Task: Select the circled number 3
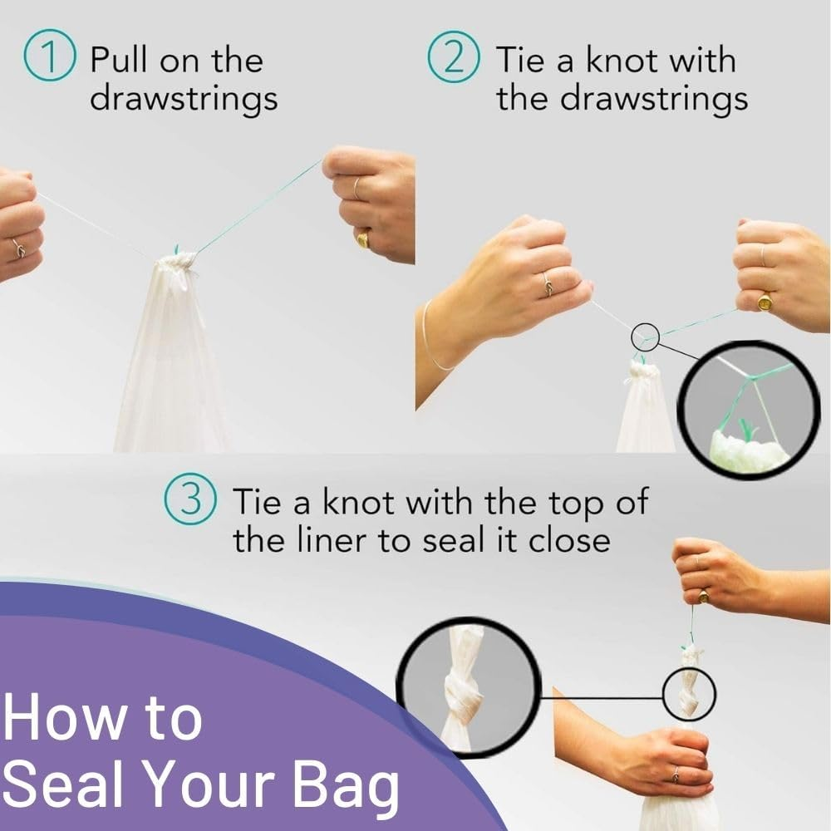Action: click(191, 502)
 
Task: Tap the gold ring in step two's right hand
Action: click(765, 301)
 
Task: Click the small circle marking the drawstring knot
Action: click(645, 337)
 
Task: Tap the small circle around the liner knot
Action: click(690, 692)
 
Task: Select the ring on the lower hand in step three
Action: click(675, 774)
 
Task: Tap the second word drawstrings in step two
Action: click(653, 98)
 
